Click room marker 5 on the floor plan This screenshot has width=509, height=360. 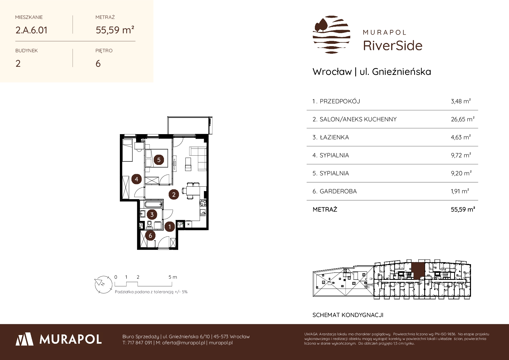(x=159, y=159)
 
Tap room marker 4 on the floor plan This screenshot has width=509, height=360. (x=136, y=179)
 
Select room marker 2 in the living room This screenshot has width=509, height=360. (x=174, y=195)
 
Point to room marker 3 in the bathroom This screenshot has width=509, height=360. (x=152, y=215)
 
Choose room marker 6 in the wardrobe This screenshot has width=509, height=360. (x=150, y=235)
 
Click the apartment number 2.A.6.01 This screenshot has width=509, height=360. (x=31, y=30)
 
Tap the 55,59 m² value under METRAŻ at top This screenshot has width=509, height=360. (x=115, y=30)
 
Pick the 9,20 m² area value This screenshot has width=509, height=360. (x=461, y=173)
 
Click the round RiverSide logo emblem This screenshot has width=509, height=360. (x=331, y=35)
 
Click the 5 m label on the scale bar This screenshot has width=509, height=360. (x=173, y=277)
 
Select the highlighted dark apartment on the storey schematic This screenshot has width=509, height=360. (x=418, y=270)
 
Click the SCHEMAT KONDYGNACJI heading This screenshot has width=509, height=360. (x=348, y=315)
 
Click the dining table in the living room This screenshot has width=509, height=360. (x=191, y=191)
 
